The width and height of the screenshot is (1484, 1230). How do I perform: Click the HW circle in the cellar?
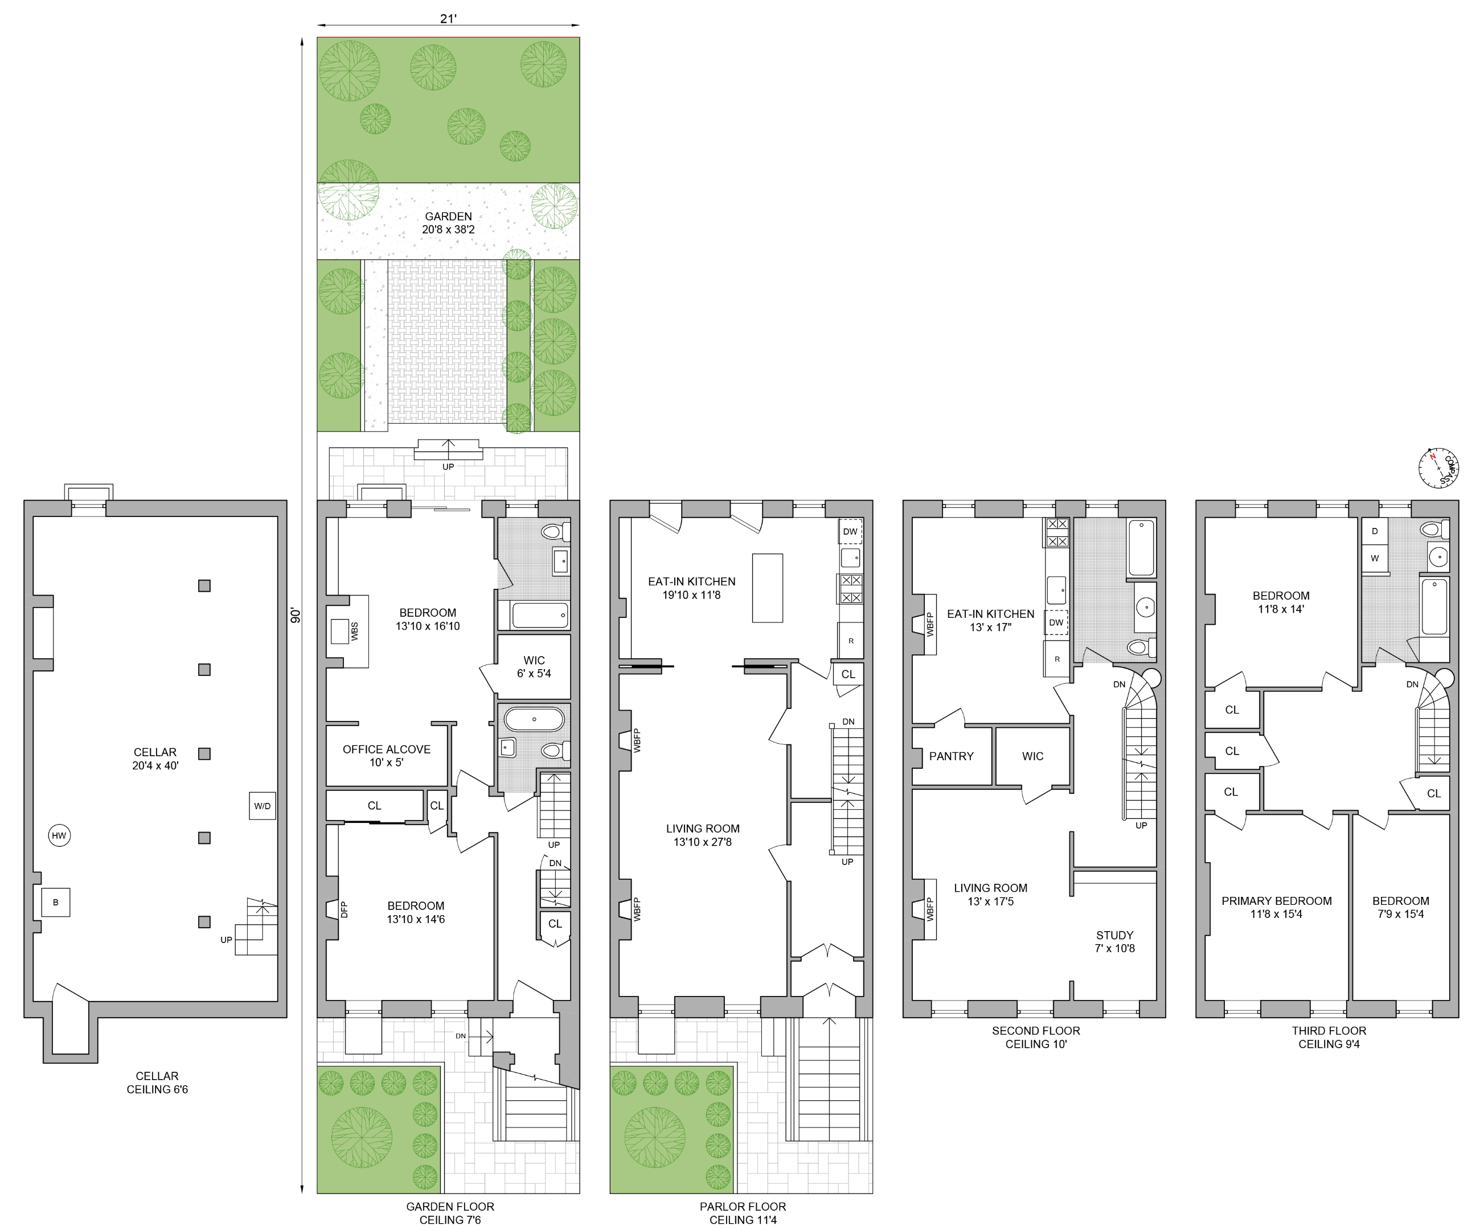[x=59, y=836]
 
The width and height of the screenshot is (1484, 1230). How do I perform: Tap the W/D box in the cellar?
[x=262, y=806]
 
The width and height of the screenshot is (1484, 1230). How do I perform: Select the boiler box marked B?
[x=56, y=902]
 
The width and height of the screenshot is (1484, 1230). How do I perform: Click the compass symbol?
[x=1438, y=468]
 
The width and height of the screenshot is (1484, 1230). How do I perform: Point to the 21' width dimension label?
[x=448, y=19]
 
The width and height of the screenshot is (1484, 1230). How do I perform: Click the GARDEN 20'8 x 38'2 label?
[x=448, y=223]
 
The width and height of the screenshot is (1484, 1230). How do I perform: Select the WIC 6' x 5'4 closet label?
[x=534, y=667]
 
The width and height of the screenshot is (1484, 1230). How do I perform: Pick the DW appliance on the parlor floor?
[x=850, y=532]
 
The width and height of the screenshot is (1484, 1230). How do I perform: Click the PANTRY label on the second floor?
[x=951, y=756]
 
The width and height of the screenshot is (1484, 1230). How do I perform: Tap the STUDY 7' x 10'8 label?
[x=1114, y=941]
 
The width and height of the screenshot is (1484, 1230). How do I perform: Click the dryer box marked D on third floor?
[x=1375, y=531]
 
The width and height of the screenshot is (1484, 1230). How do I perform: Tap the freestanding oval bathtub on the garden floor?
[x=534, y=720]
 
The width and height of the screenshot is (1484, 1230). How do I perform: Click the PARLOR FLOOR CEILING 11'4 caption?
[x=743, y=1213]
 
